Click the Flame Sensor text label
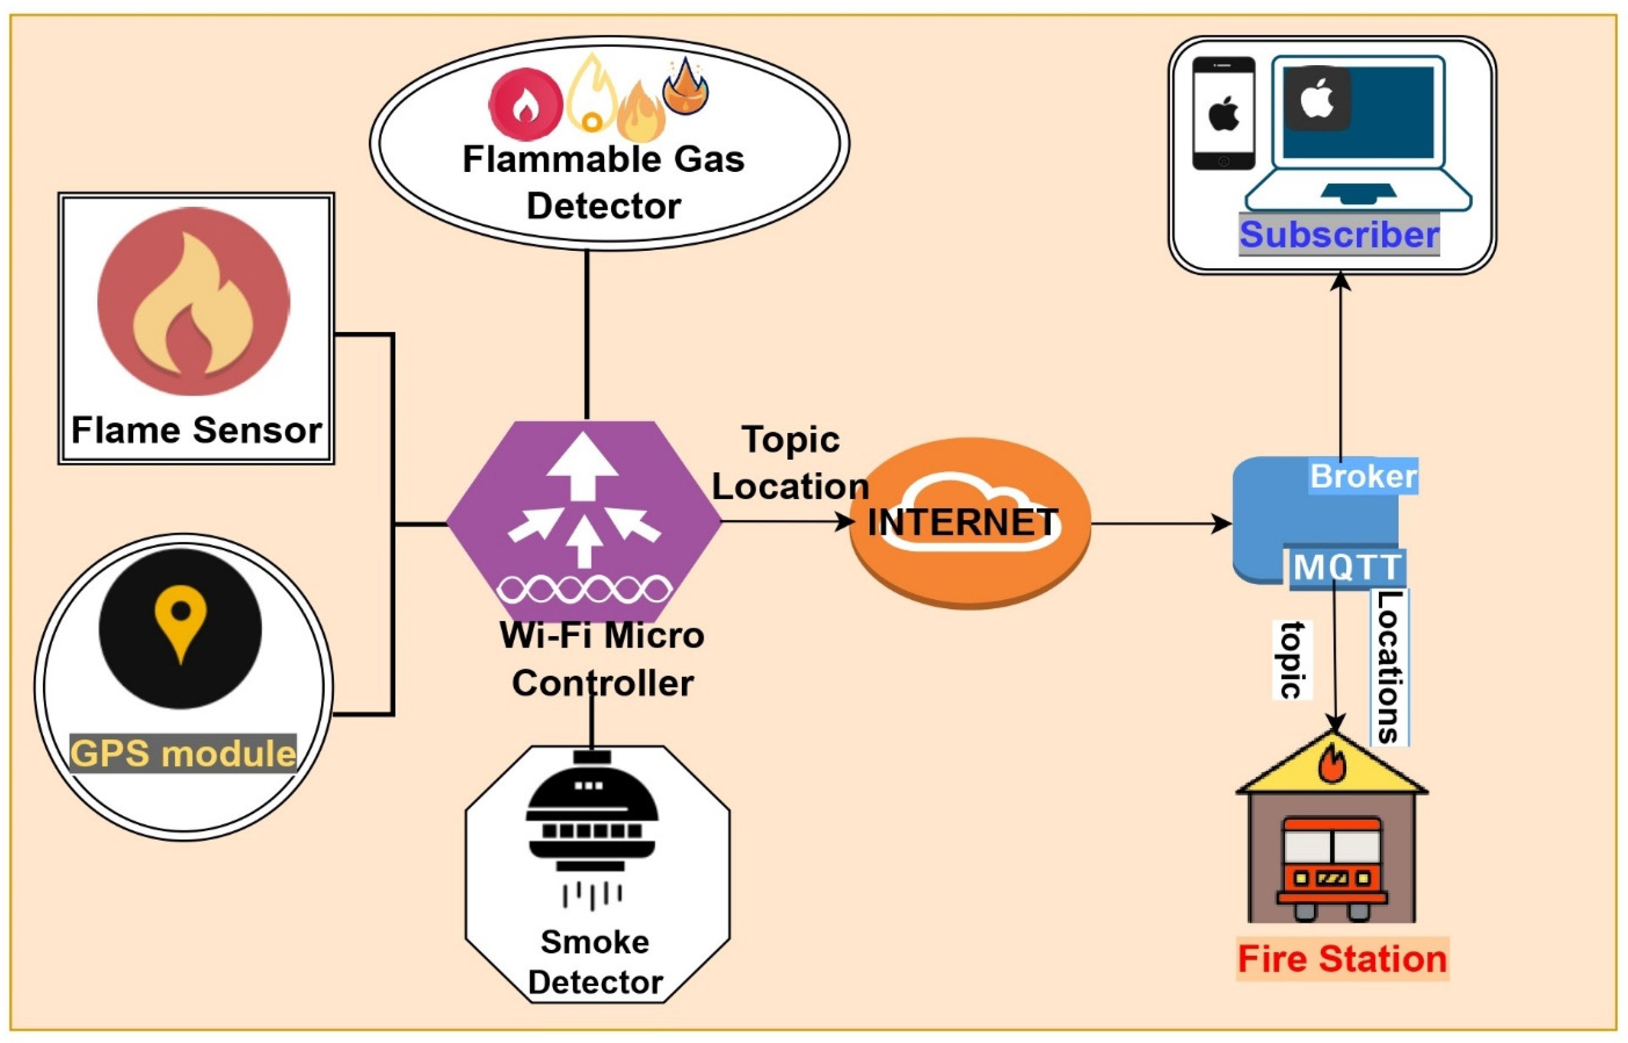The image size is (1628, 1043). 196,431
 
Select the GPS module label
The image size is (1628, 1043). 183,753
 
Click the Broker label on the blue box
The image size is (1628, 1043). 1362,476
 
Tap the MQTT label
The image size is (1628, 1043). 1346,567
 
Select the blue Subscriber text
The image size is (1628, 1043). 1338,235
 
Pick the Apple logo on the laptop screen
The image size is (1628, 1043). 1318,100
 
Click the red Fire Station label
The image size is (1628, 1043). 1341,959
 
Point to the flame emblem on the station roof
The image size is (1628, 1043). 1332,764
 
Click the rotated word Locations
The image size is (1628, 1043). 1389,667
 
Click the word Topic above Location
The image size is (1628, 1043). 790,440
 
